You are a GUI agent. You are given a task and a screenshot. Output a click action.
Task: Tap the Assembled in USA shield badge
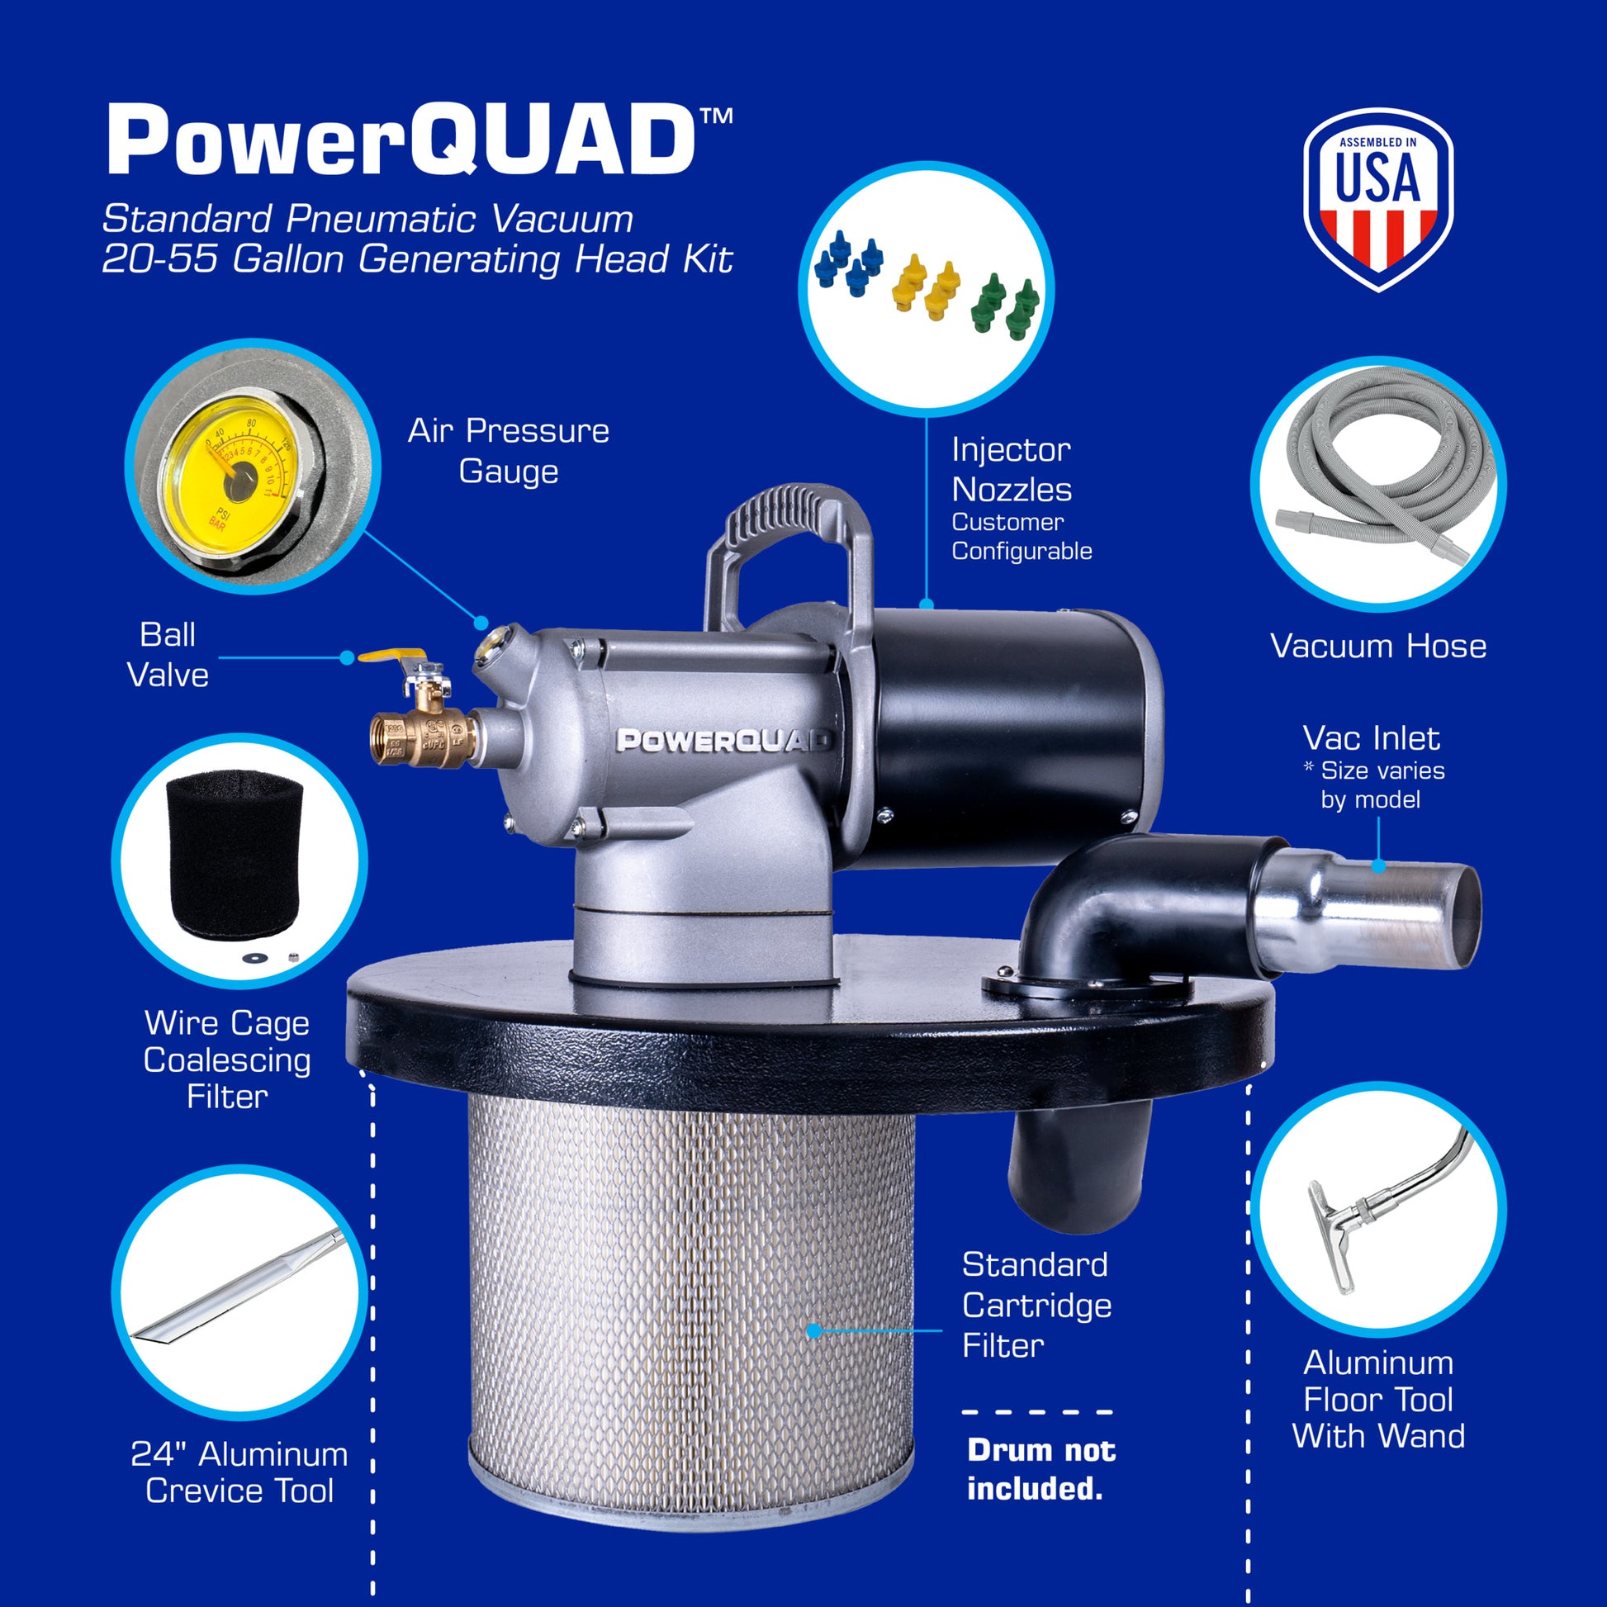coord(1377,198)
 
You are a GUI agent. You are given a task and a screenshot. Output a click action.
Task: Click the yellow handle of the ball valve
coord(391,657)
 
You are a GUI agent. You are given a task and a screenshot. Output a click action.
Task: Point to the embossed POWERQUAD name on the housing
coord(722,740)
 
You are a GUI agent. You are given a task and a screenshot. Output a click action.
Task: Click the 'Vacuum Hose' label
coord(1377,647)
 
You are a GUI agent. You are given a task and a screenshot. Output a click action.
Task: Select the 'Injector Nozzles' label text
coord(1012,470)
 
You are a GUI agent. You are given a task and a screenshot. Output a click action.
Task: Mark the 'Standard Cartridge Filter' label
coord(1036,1305)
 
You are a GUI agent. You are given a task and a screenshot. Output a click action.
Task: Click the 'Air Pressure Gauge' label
coord(508,451)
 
